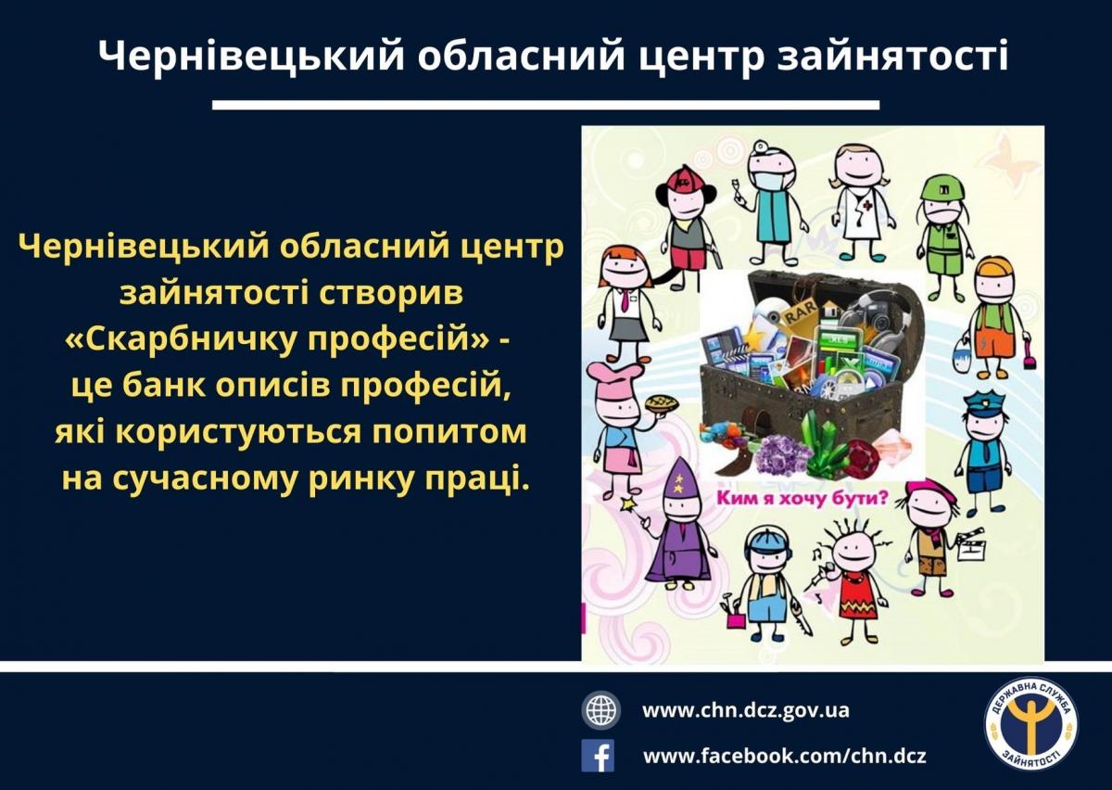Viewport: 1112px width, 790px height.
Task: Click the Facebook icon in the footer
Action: [598, 756]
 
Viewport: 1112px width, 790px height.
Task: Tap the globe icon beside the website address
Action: [600, 710]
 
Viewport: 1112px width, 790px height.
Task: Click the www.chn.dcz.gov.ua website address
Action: [746, 710]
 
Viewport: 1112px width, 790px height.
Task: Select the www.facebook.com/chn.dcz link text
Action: [784, 756]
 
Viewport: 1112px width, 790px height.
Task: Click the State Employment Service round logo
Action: [1031, 733]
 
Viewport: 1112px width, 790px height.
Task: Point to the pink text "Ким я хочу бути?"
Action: [801, 498]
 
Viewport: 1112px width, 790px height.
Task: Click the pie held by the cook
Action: [660, 405]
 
